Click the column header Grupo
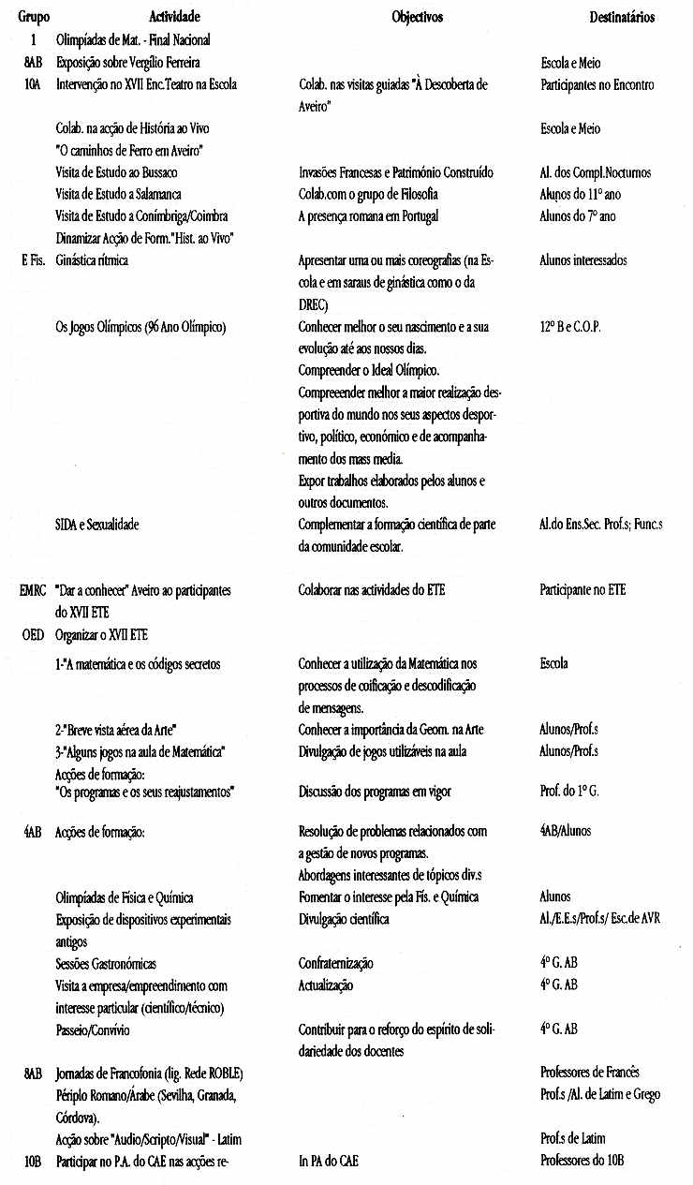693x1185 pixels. pyautogui.click(x=34, y=17)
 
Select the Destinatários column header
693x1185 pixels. pyautogui.click(x=622, y=17)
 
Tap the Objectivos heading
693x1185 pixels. pyautogui.click(x=417, y=17)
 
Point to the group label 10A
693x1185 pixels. pyautogui.click(x=33, y=84)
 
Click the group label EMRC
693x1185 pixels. pyautogui.click(x=32, y=590)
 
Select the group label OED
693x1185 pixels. pyautogui.click(x=33, y=634)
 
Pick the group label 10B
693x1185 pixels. pyautogui.click(x=33, y=1161)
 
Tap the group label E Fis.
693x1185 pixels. pyautogui.click(x=33, y=260)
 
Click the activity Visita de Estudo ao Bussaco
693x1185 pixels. pyautogui.click(x=116, y=172)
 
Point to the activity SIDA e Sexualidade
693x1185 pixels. pyautogui.click(x=97, y=525)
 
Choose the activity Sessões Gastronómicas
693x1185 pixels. pyautogui.click(x=106, y=963)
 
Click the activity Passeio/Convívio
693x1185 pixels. pyautogui.click(x=93, y=1029)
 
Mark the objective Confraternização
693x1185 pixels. pyautogui.click(x=335, y=963)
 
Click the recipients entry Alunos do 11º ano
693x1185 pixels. pyautogui.click(x=586, y=194)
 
